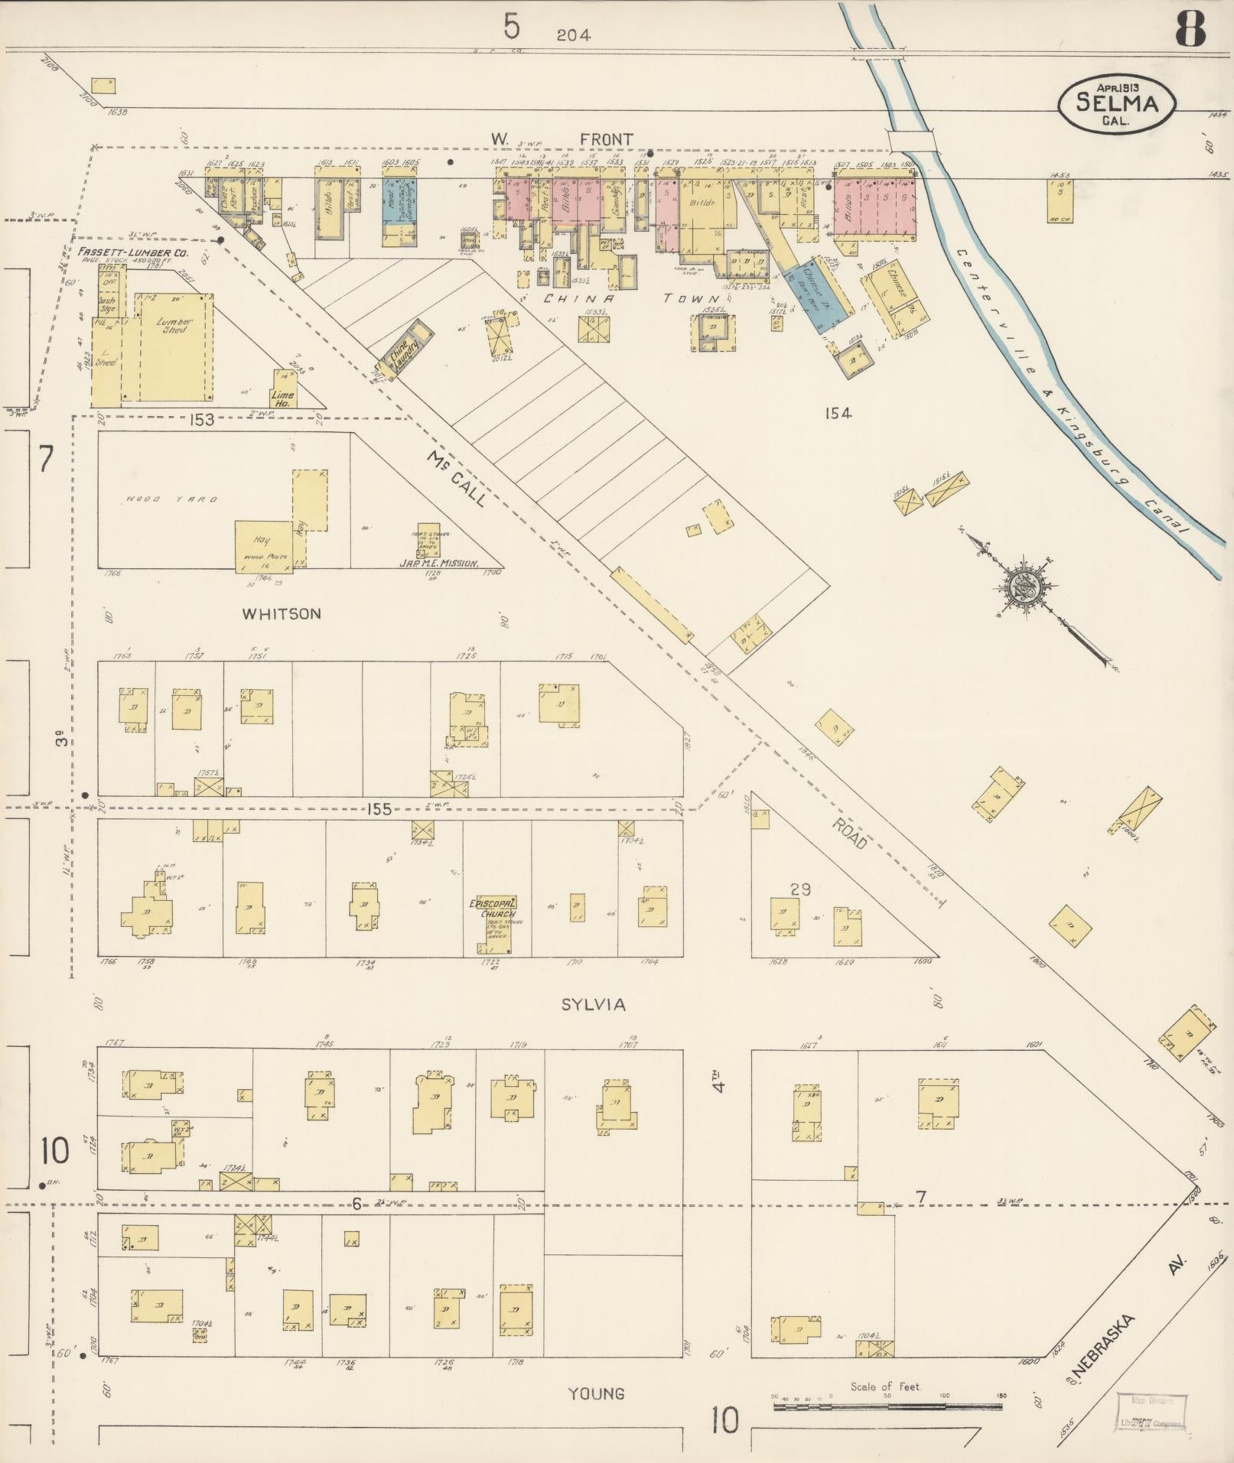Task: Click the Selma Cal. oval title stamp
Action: click(x=1117, y=102)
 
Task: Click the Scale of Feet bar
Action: click(x=887, y=1406)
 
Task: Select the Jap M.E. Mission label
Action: click(x=438, y=563)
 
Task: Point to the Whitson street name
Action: click(x=281, y=613)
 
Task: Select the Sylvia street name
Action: click(x=593, y=1004)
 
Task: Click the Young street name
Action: click(x=597, y=1393)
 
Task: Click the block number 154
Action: click(x=838, y=414)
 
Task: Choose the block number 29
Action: click(x=800, y=889)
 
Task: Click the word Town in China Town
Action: click(x=693, y=299)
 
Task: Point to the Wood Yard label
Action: click(x=172, y=499)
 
